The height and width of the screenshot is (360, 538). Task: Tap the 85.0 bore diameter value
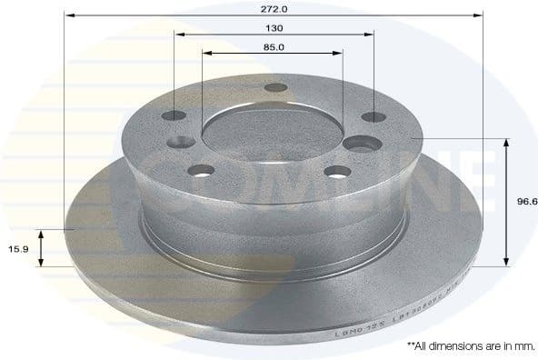click(x=273, y=46)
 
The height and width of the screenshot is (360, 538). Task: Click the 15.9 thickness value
click(x=15, y=248)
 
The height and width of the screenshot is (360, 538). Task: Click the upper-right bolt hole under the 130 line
click(x=371, y=116)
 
